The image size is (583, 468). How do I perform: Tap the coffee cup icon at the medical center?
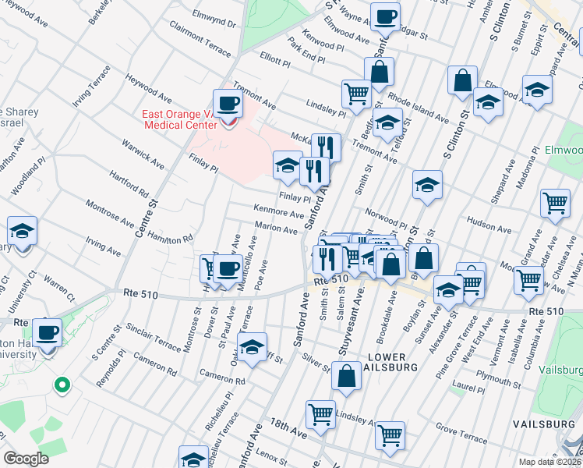(x=228, y=103)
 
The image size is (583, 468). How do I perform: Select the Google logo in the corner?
(x=26, y=459)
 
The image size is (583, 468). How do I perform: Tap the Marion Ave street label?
(x=277, y=230)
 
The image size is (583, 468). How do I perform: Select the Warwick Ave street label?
(x=143, y=154)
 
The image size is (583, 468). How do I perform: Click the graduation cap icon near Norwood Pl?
(x=427, y=185)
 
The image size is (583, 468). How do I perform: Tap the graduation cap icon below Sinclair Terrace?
(x=252, y=348)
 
